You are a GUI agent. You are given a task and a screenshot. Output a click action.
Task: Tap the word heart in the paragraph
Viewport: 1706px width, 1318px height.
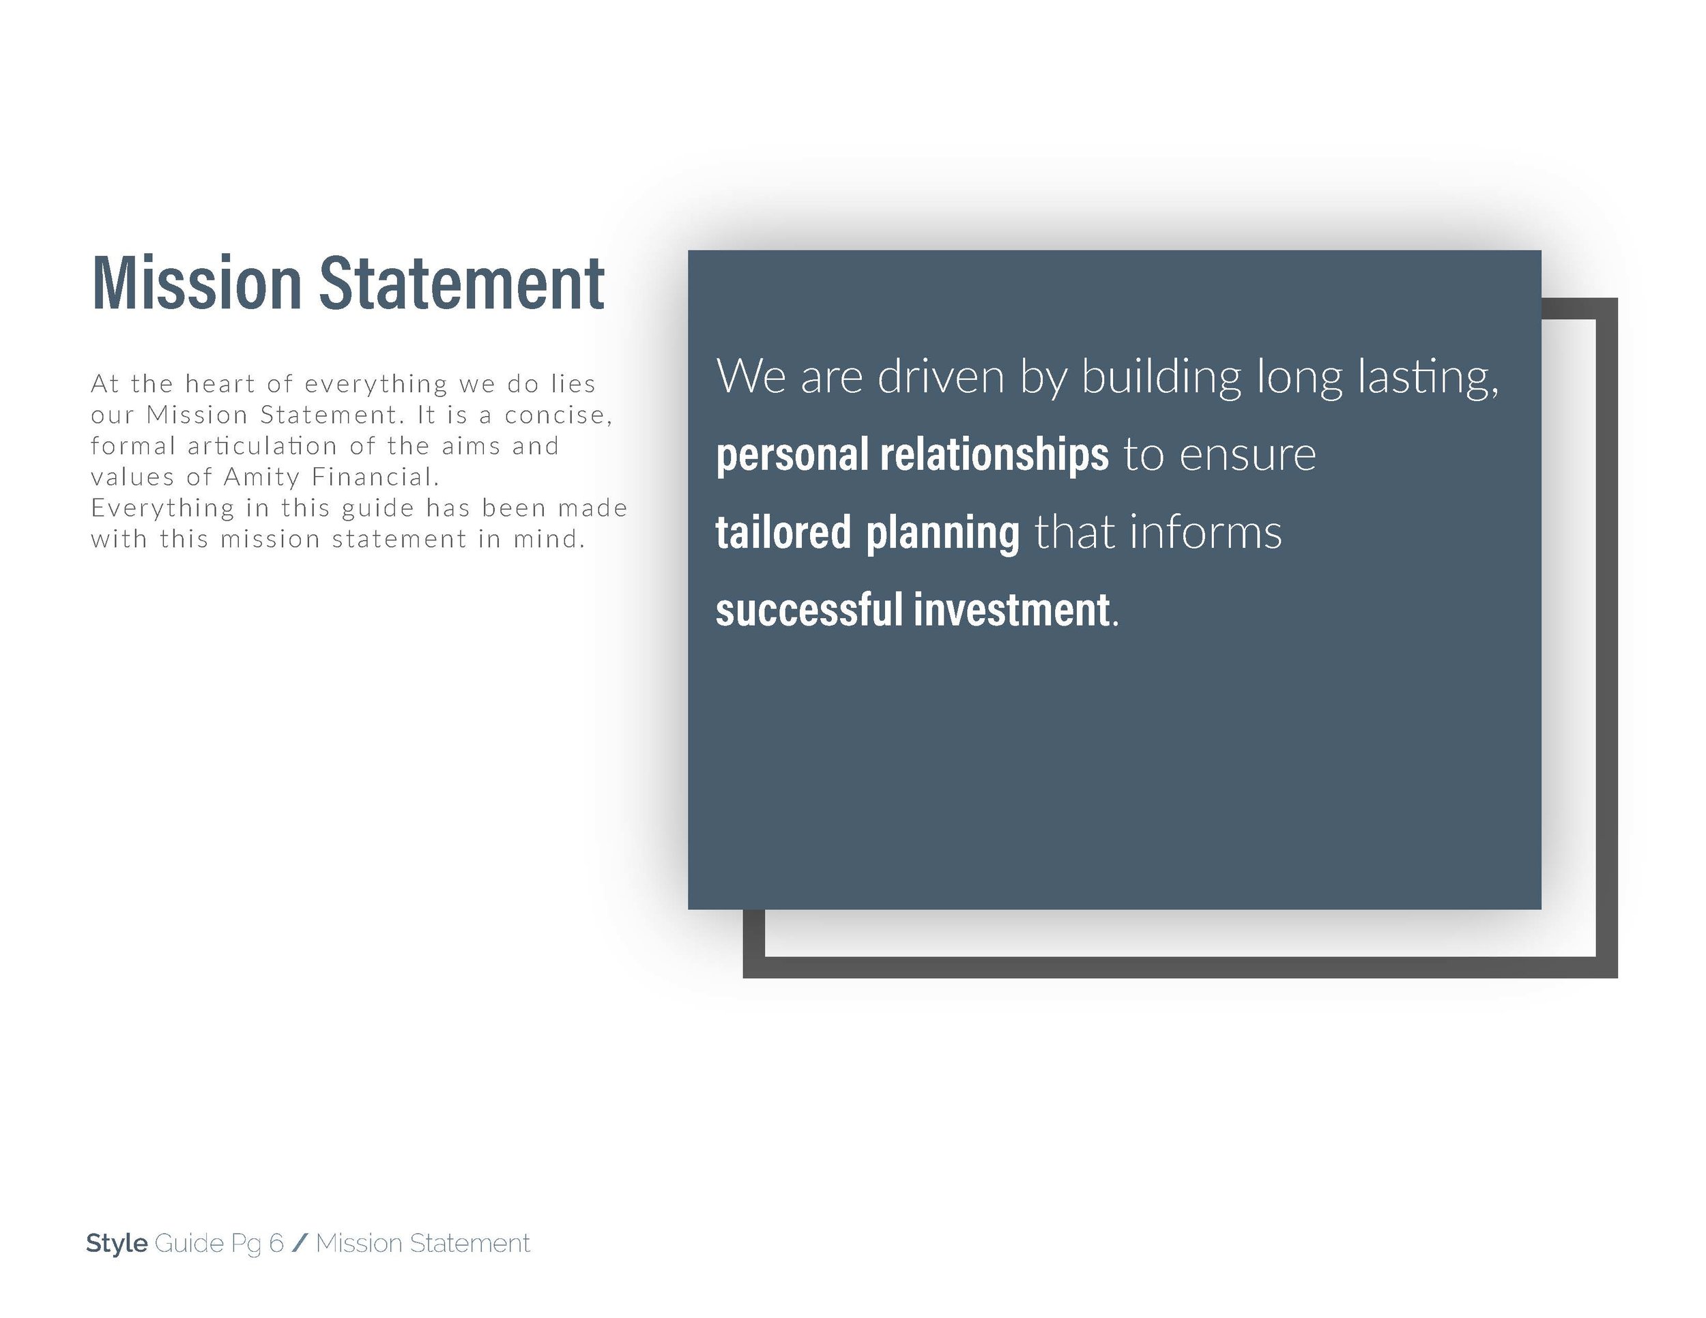(x=220, y=383)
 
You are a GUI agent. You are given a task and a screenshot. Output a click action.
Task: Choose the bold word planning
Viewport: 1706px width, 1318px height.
(x=943, y=533)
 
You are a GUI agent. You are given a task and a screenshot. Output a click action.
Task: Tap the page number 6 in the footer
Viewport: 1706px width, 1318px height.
(x=276, y=1243)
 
